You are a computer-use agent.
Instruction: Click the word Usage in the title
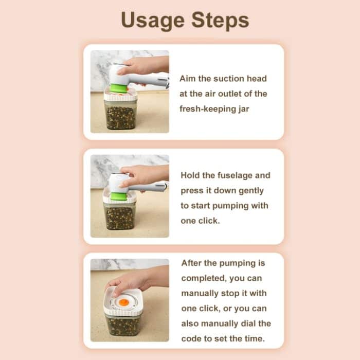point(153,21)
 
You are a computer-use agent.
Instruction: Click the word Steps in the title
point(220,20)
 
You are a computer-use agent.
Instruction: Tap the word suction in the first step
point(229,79)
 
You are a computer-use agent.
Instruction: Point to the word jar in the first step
point(244,109)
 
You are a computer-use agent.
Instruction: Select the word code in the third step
point(190,338)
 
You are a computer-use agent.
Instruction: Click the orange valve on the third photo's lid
point(124,302)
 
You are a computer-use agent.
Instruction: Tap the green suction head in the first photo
point(119,88)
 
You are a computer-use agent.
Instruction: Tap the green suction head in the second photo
point(119,196)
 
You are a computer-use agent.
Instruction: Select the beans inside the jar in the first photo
point(120,118)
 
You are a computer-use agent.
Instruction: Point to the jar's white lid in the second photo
point(119,199)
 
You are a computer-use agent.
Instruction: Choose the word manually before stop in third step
point(200,294)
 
